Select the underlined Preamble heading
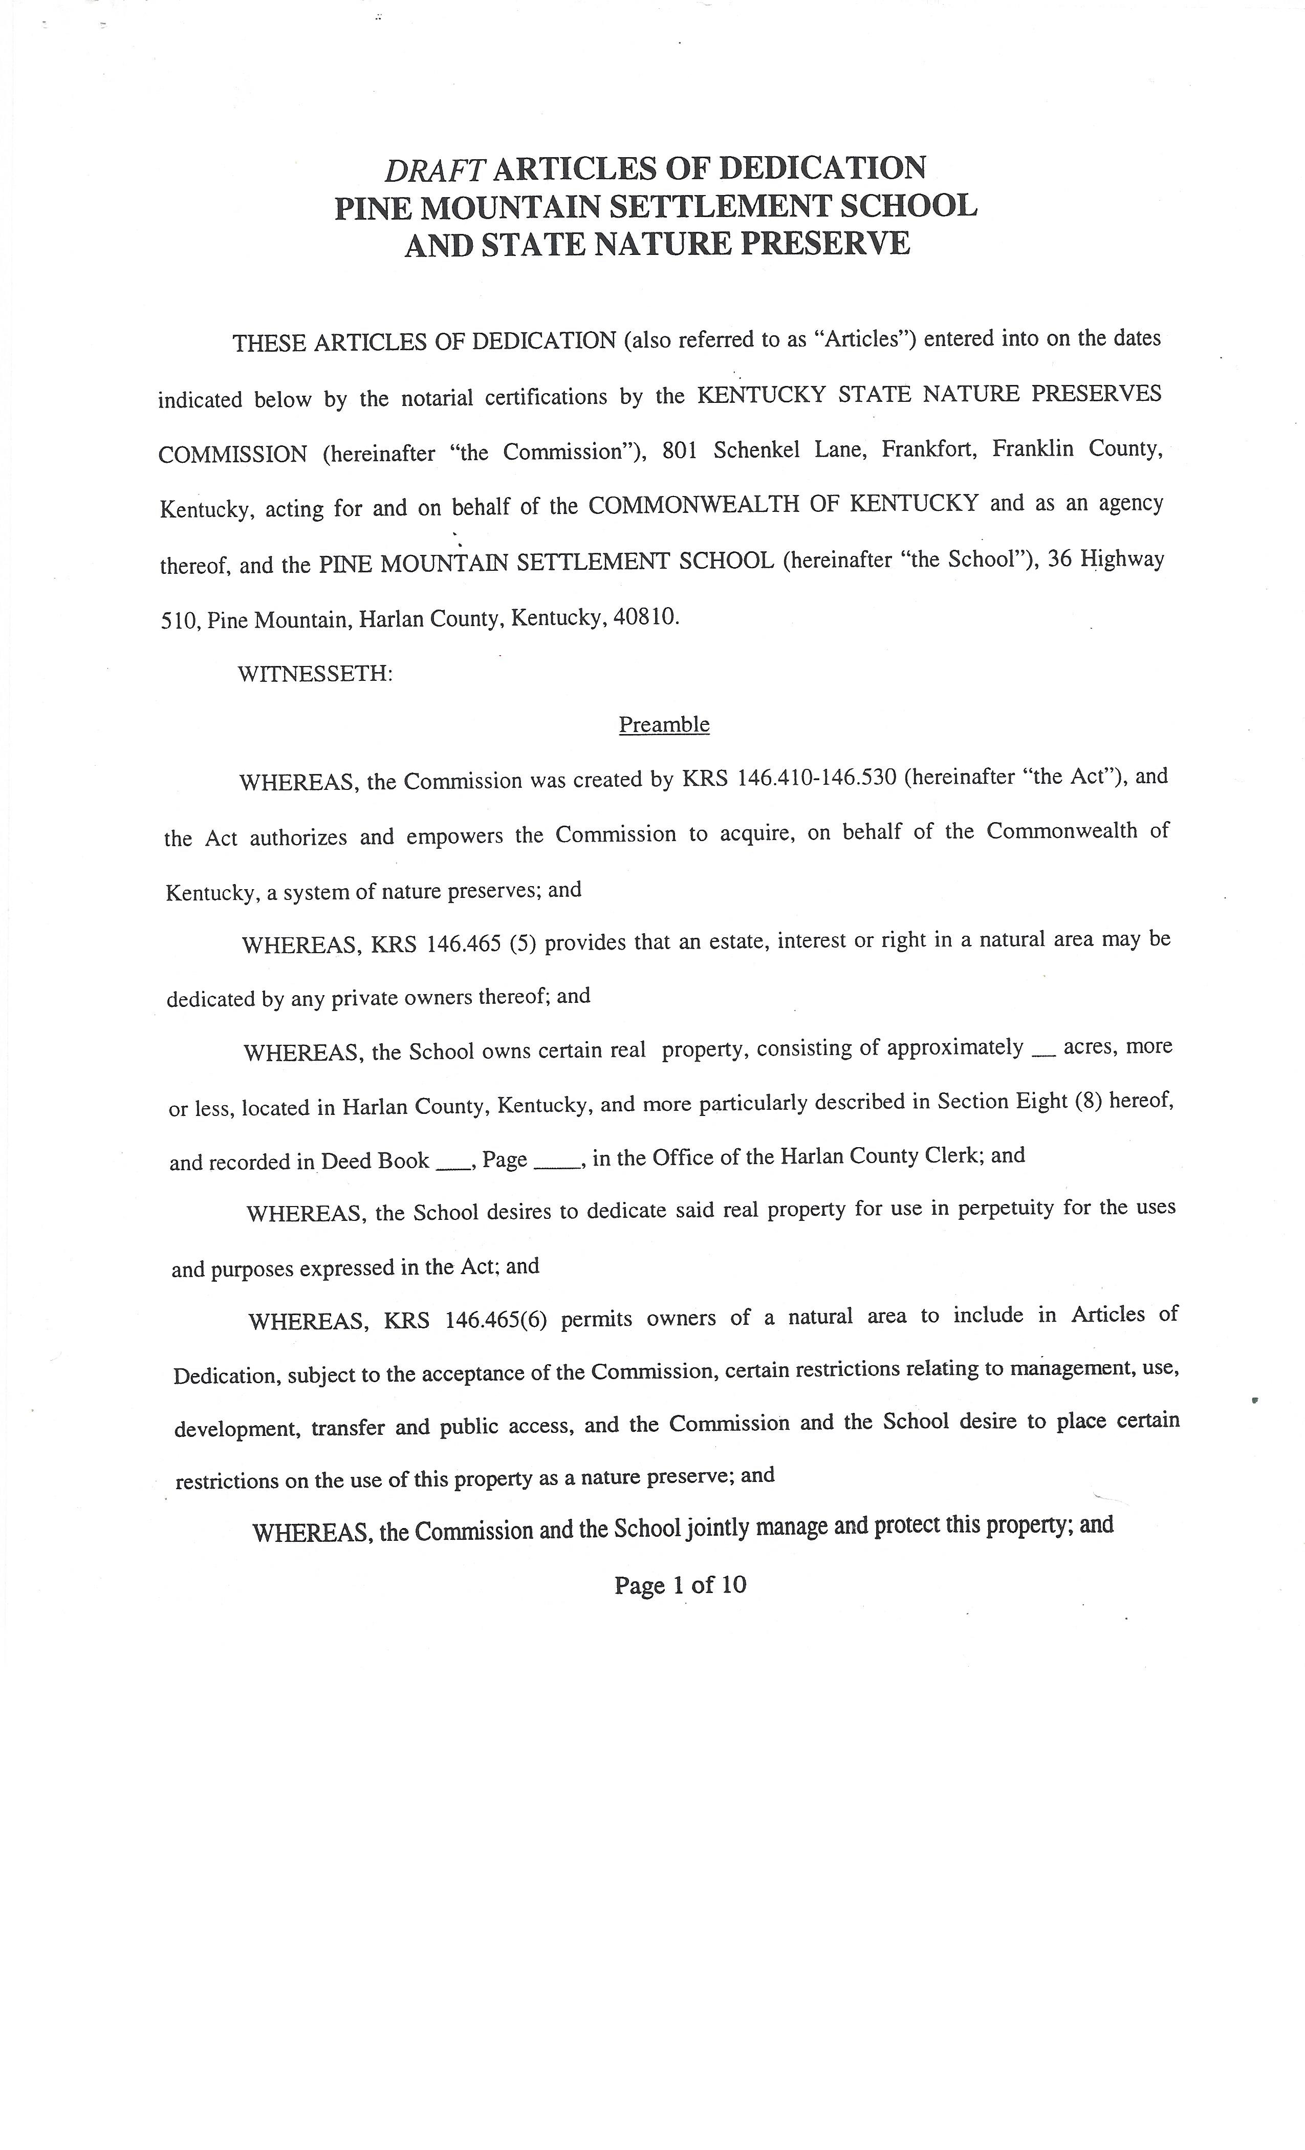coord(664,725)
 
